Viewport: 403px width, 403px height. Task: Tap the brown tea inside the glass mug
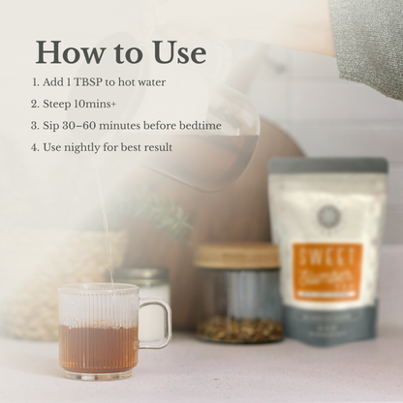[97, 349]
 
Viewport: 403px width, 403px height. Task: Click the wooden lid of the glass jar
[235, 256]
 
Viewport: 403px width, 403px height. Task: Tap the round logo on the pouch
[326, 214]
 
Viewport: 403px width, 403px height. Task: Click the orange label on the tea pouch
[327, 273]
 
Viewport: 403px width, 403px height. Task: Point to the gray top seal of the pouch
[327, 166]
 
